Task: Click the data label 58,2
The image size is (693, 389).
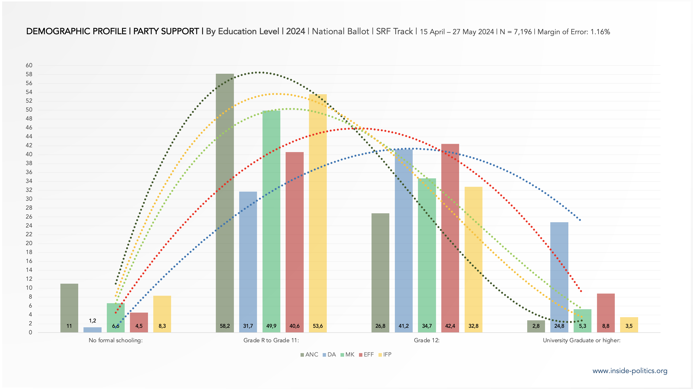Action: pyautogui.click(x=225, y=326)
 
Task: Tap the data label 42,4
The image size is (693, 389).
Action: pyautogui.click(x=450, y=326)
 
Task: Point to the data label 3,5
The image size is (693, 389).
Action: pyautogui.click(x=629, y=326)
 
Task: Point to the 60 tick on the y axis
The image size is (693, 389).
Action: pyautogui.click(x=29, y=65)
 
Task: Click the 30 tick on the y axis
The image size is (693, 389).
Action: pyautogui.click(x=29, y=199)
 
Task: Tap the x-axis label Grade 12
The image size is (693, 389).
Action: pyautogui.click(x=427, y=340)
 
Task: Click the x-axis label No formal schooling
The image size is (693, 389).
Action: pyautogui.click(x=116, y=340)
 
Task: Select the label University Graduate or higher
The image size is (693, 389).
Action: pyautogui.click(x=582, y=340)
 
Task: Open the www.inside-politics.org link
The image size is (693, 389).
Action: pyautogui.click(x=630, y=371)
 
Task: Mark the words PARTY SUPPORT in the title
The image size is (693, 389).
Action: pyautogui.click(x=166, y=31)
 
